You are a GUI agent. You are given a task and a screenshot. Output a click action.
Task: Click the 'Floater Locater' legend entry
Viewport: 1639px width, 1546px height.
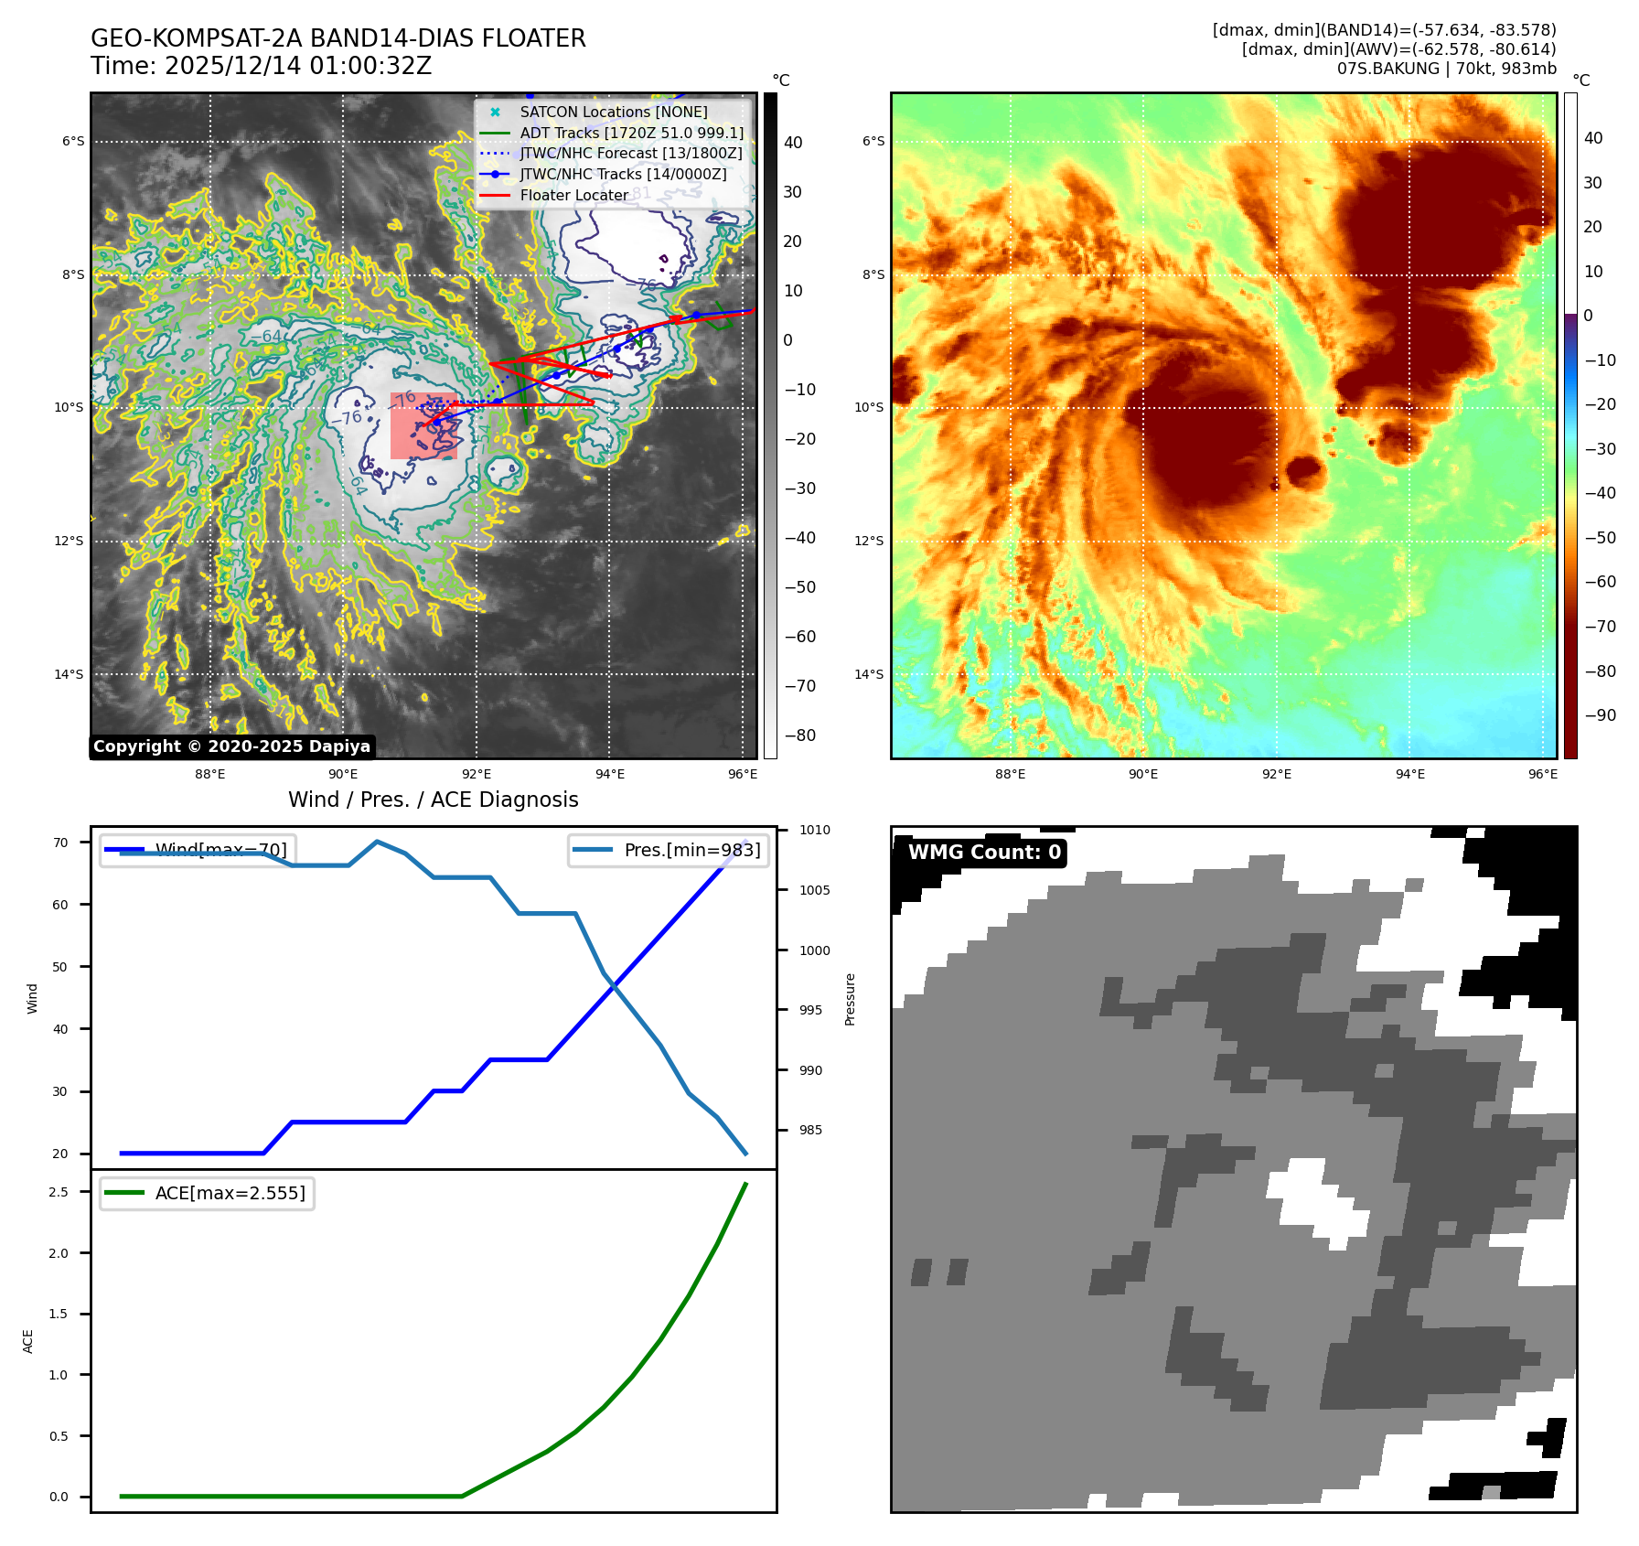pos(573,195)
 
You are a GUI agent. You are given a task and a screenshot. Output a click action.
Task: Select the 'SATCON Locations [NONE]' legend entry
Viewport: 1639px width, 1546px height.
pos(613,112)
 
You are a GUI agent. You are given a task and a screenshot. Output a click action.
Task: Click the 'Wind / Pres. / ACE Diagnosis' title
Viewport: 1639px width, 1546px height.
pos(433,800)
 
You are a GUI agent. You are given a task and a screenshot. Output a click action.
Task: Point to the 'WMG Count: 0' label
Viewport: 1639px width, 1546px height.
pos(984,853)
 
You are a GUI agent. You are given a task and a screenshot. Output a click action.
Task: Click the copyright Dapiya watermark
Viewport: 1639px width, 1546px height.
pos(231,746)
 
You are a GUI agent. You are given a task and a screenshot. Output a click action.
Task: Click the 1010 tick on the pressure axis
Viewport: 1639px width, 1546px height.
pos(814,831)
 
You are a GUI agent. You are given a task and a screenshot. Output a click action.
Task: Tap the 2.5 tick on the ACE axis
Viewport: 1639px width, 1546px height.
pos(59,1192)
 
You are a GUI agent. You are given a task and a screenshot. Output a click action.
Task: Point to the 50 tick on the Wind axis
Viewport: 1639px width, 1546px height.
pos(60,967)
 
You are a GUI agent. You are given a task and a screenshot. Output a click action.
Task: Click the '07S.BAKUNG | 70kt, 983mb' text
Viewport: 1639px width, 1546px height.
pos(1446,69)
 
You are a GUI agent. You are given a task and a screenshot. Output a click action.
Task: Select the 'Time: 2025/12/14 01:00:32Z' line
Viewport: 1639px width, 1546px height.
pos(261,66)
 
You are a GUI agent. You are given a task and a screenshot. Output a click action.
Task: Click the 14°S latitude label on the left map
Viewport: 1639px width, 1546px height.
pos(69,675)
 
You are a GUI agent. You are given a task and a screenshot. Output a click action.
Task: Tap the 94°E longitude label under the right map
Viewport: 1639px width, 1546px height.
pos(1409,774)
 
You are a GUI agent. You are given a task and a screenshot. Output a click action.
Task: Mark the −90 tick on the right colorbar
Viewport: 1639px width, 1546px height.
pos(1600,715)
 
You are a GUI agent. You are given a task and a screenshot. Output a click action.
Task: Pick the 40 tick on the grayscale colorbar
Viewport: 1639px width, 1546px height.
pos(793,143)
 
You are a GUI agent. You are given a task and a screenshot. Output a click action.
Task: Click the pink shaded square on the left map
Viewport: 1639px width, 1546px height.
pos(423,426)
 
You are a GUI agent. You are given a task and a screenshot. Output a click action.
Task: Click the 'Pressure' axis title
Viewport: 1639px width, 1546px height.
pos(850,999)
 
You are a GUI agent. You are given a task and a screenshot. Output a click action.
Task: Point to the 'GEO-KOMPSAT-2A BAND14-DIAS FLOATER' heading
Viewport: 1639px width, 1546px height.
pos(337,38)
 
